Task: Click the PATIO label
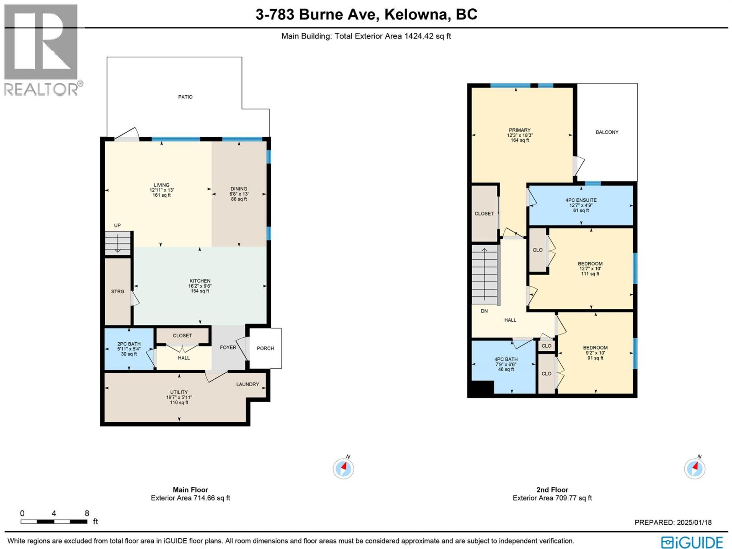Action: pos(185,97)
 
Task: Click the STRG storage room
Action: pos(118,291)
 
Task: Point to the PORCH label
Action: pos(265,348)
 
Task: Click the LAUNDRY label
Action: pos(248,384)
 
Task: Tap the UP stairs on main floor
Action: pos(118,243)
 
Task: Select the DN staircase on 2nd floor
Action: pos(484,274)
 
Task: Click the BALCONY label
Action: pos(607,132)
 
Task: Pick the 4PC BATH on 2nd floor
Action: pos(506,364)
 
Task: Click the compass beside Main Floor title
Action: pos(343,468)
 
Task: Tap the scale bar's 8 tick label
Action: pos(87,513)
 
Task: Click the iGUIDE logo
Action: pos(692,542)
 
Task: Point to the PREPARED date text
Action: pos(673,522)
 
